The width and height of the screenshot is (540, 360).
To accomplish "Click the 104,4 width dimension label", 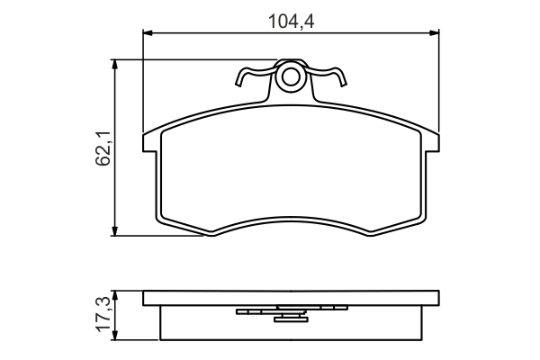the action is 291,22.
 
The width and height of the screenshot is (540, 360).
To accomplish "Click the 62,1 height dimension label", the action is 103,148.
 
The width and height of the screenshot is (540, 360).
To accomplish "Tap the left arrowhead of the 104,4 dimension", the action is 147,33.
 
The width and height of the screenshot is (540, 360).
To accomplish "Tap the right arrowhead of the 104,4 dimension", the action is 435,33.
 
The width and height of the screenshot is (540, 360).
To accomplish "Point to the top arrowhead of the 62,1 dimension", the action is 115,64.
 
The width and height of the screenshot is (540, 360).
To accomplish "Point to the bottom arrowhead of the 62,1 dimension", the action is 115,231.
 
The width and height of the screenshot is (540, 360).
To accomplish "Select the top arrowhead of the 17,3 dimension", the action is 115,295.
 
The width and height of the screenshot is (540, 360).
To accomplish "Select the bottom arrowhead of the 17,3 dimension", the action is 115,336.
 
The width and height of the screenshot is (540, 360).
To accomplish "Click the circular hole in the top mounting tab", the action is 291,77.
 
